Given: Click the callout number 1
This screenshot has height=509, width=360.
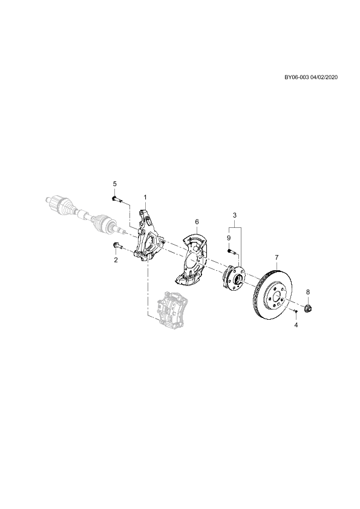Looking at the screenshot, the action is coord(145,197).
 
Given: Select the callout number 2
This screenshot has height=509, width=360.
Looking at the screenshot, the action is coord(116,260).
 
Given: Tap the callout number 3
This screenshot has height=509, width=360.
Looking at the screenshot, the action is coord(235,215).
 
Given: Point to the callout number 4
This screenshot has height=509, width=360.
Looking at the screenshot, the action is coord(296,325).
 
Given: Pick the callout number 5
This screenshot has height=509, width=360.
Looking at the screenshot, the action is coord(114,184).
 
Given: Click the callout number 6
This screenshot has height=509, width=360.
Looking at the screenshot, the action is coord(197,221).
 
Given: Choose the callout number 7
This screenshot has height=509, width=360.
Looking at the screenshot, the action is coord(277,258).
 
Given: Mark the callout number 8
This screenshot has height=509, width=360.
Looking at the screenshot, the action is coord(308,292).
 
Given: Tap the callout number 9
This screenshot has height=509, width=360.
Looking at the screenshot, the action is coord(229,238).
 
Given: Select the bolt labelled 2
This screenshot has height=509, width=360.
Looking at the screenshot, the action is coord(117,246).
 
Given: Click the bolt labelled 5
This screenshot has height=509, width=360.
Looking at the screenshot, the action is coord(116,199).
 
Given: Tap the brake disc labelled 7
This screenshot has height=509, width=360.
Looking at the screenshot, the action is coord(272,293).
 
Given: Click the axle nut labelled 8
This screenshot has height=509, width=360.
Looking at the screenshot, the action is coord(307,308).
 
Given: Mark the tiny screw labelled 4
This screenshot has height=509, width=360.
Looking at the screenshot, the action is coord(295,311).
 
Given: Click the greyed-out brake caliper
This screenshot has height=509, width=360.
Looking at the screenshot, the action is coord(172,310).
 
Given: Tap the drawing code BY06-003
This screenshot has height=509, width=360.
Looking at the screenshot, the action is coord(296,77).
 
